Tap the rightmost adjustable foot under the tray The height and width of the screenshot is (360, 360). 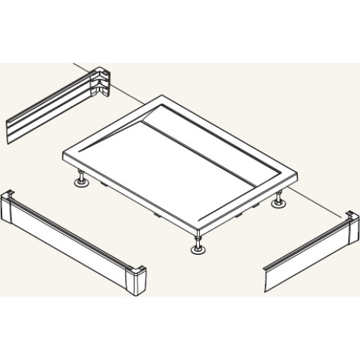(280, 202)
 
